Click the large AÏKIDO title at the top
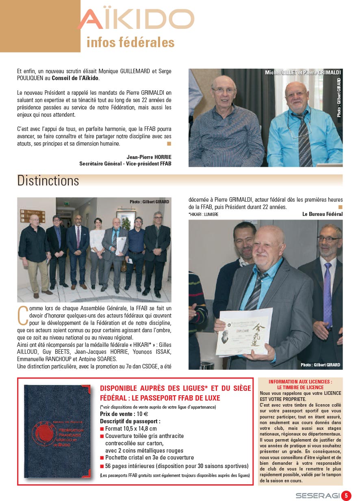tap(136, 19)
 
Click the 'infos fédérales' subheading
tap(130, 42)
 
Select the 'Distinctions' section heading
tap(48, 181)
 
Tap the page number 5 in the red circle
tap(346, 495)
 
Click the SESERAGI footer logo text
tap(317, 496)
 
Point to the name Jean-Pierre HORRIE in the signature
tap(149, 157)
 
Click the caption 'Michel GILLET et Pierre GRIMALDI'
tap(302, 72)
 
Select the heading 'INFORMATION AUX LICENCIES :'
tap(300, 382)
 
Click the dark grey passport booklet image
tap(57, 431)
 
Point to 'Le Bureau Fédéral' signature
tap(322, 214)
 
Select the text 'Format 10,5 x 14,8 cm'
tap(131, 429)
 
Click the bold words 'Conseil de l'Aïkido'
tap(75, 78)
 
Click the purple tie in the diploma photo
tap(327, 293)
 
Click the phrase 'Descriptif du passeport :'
tap(130, 421)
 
